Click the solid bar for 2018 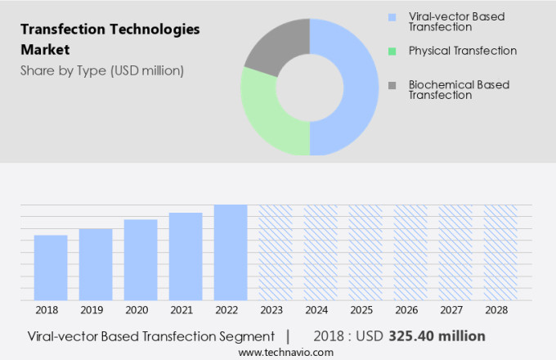point(51,268)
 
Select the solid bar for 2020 point(141,259)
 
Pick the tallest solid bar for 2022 point(231,252)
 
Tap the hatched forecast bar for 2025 point(365,252)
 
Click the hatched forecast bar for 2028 point(500,252)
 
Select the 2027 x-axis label point(455,311)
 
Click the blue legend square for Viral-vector point(393,16)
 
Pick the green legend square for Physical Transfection point(393,51)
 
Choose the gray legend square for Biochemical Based point(393,85)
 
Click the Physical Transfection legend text point(462,51)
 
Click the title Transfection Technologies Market point(110,38)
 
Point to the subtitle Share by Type point(101,70)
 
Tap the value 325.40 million point(437,335)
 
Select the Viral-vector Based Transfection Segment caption point(150,335)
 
